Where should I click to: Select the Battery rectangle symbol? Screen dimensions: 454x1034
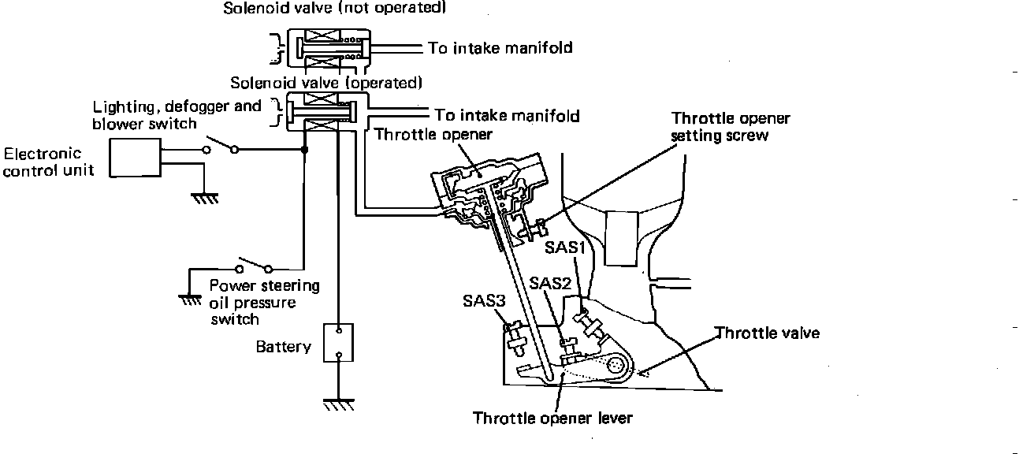point(338,343)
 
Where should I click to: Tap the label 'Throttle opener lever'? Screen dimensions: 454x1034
point(552,418)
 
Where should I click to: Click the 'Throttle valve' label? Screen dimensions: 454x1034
point(767,333)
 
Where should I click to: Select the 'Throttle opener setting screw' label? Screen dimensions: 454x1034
point(730,126)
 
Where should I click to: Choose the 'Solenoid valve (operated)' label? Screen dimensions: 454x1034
point(326,82)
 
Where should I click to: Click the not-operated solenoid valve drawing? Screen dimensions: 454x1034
point(325,49)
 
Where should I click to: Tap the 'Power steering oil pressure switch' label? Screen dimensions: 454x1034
point(264,302)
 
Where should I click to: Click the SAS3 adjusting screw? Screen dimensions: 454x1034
point(518,337)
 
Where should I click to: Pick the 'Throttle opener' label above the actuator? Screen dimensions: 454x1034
point(433,134)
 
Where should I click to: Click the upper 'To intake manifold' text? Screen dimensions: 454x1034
point(500,48)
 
